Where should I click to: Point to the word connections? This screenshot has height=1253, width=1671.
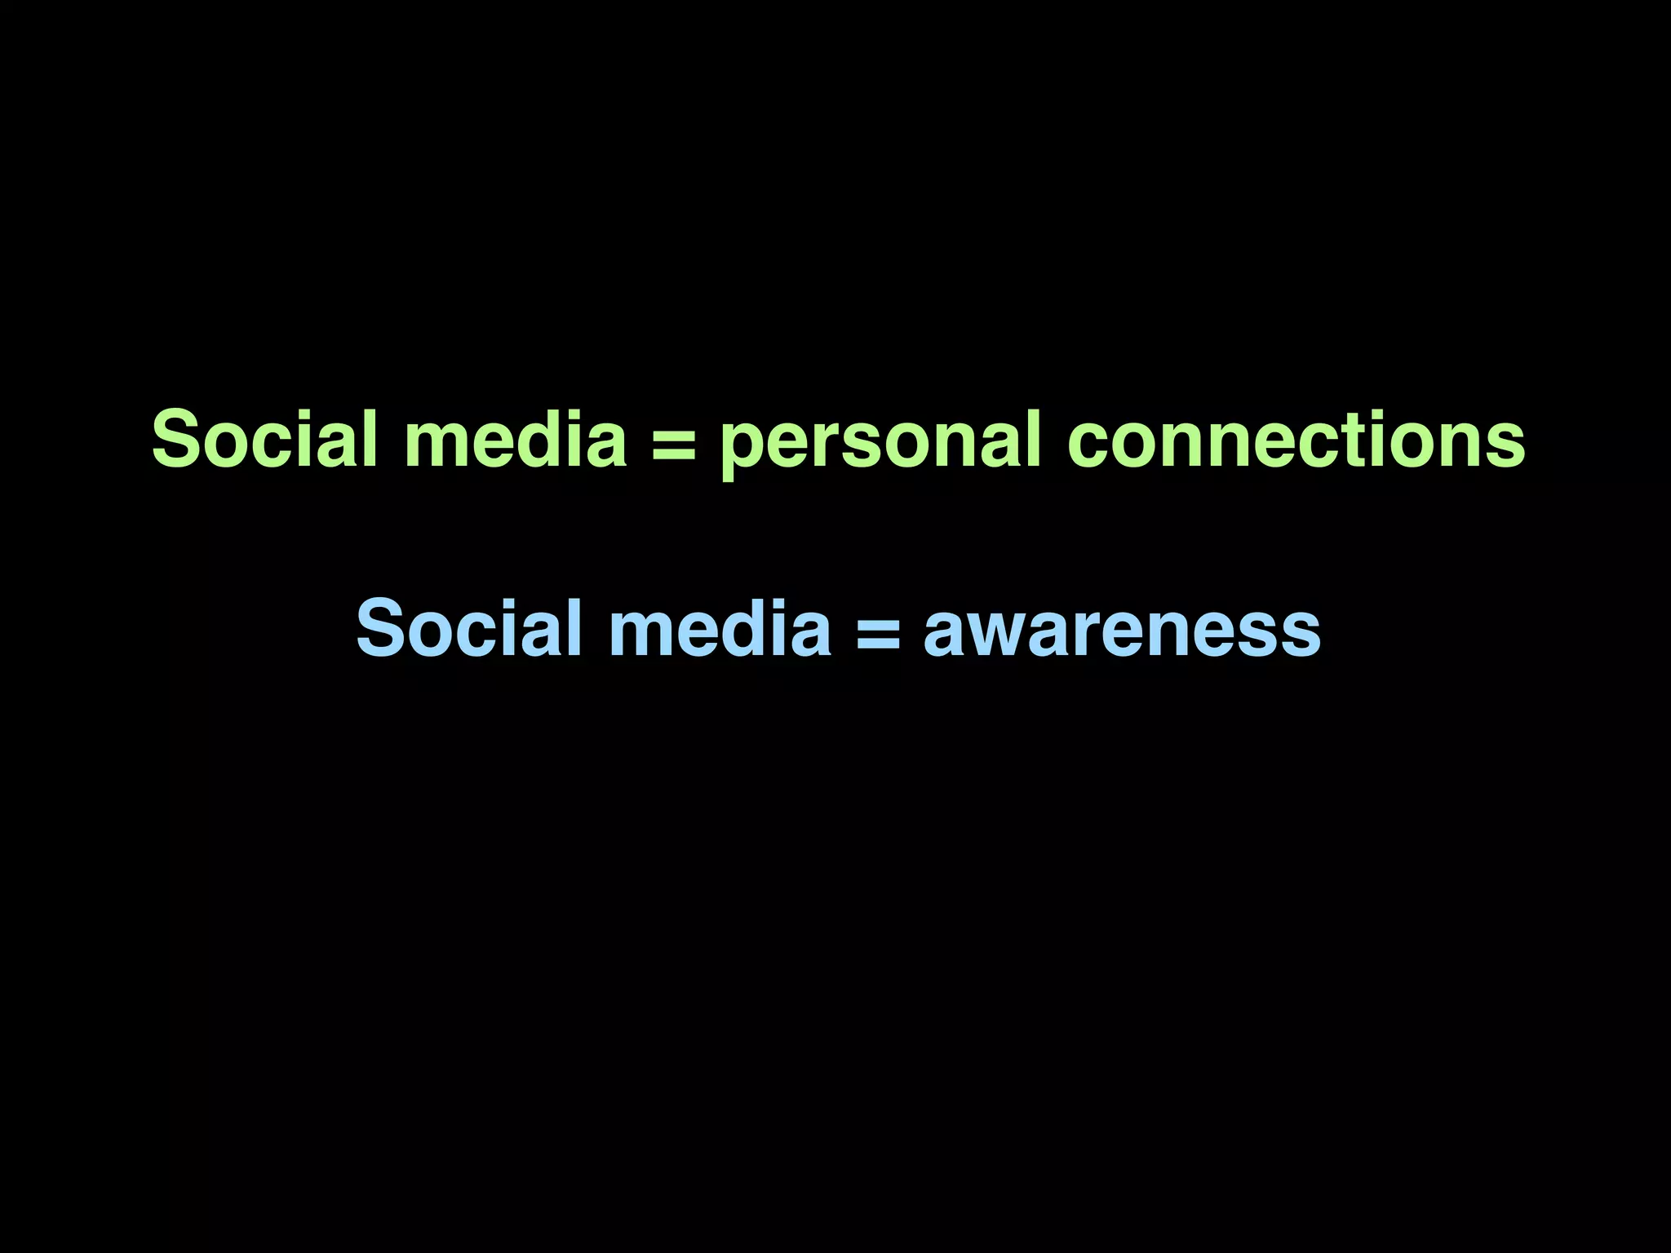(1296, 441)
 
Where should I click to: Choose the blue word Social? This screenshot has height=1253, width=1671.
(469, 628)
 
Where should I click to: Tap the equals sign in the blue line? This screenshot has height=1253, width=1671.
(878, 631)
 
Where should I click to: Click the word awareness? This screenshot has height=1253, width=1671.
(1122, 631)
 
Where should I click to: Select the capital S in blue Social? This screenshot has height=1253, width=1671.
(383, 628)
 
